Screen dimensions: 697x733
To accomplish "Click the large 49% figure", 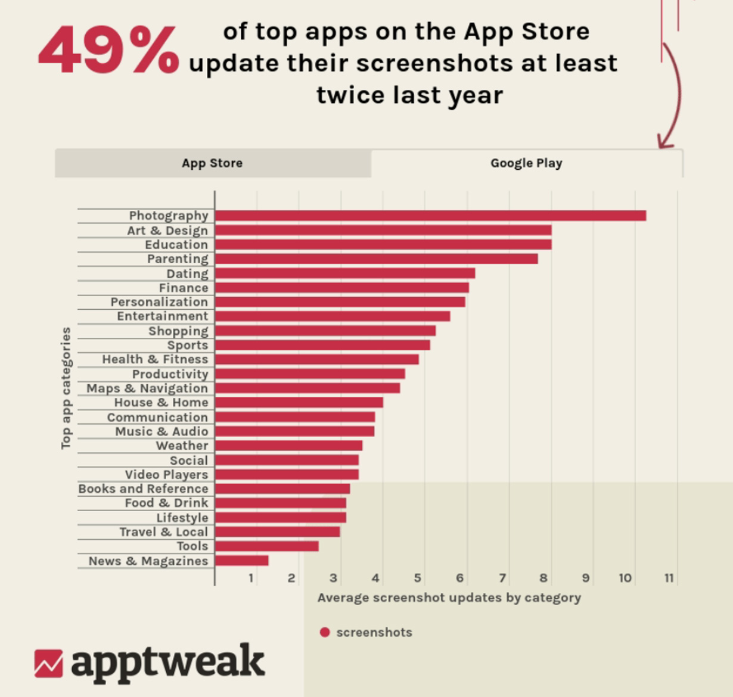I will click(x=108, y=51).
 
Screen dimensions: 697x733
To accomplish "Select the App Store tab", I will click(x=212, y=163).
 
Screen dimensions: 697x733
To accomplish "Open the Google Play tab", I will click(x=526, y=163).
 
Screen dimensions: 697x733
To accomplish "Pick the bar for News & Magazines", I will click(x=241, y=561).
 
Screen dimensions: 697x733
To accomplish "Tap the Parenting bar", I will click(x=376, y=259).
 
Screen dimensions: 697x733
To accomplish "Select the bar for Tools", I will click(x=266, y=546).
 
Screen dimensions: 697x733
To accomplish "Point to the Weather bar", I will click(x=288, y=446).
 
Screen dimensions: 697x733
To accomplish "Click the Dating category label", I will click(x=187, y=273).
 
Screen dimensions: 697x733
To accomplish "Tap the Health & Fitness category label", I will click(x=155, y=359).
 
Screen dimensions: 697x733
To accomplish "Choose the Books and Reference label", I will click(x=143, y=488).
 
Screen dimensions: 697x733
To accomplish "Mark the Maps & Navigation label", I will click(x=147, y=388).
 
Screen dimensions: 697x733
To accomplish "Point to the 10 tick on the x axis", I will click(x=625, y=578).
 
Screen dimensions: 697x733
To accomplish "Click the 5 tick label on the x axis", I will click(x=417, y=578).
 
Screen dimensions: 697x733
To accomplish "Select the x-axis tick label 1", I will click(x=251, y=578).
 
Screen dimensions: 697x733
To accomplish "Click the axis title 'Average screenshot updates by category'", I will click(x=449, y=598).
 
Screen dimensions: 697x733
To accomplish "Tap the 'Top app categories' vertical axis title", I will click(x=66, y=388).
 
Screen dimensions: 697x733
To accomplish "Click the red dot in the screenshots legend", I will click(x=325, y=633).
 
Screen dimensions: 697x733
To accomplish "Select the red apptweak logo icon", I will click(x=48, y=663).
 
